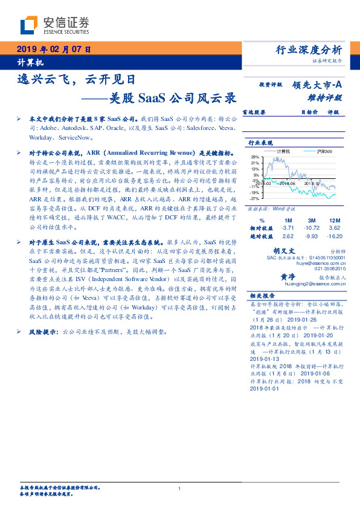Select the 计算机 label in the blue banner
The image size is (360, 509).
[x=28, y=63]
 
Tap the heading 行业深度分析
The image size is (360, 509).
[x=308, y=50]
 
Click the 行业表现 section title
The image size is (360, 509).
[x=260, y=142]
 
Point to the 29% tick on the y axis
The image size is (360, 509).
[x=256, y=157]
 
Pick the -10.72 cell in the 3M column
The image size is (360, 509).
[x=312, y=227]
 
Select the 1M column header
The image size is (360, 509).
[x=288, y=219]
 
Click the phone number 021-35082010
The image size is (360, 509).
[x=324, y=268]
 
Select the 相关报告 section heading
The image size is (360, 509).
[x=260, y=296]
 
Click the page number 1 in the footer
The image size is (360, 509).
[x=180, y=488]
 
